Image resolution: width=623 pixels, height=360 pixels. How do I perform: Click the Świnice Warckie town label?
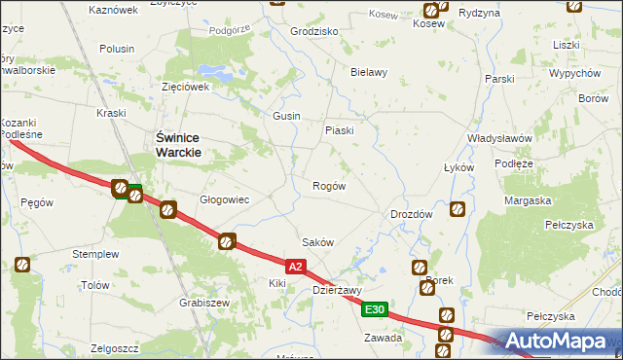point(179,146)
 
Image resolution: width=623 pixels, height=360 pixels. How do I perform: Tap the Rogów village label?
point(328,186)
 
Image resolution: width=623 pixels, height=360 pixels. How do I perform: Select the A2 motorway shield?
point(298,265)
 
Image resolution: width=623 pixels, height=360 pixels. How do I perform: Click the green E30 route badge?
point(376,309)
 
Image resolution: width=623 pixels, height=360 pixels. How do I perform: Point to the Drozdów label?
point(411,214)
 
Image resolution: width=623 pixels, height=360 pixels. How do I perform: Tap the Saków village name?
point(318,243)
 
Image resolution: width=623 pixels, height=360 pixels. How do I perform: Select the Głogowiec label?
point(225,199)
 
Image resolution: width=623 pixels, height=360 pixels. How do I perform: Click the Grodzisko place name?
point(314,31)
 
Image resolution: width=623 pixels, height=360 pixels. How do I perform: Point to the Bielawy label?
point(369,72)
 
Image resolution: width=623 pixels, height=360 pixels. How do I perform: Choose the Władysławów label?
point(498,138)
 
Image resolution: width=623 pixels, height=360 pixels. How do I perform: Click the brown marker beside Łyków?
point(457,208)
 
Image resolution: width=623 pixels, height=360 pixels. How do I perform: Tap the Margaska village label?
point(529,200)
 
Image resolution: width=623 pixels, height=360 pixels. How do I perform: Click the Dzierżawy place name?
point(338,290)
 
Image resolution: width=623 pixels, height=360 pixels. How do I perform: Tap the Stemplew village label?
point(95,254)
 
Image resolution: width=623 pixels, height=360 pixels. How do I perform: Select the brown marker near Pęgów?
point(22,265)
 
